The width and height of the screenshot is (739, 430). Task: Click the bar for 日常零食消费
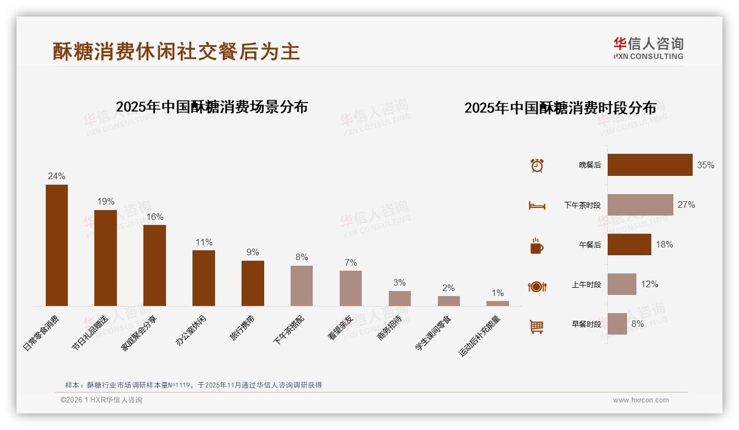tap(56, 245)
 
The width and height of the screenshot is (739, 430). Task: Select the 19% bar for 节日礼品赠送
tap(105, 258)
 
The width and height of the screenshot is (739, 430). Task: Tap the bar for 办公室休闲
tap(204, 278)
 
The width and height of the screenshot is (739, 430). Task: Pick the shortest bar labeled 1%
tap(497, 303)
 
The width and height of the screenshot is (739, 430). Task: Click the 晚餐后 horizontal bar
tap(650, 165)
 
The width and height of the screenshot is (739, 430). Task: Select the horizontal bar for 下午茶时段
tap(640, 205)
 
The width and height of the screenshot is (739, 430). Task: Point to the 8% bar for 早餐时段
tap(617, 324)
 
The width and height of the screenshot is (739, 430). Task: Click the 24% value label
tap(56, 176)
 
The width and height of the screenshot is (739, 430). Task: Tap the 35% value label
tap(705, 165)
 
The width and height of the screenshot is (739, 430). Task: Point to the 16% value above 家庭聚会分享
tap(154, 217)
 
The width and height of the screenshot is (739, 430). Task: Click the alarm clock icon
tap(537, 165)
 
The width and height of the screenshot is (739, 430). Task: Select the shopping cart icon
tap(537, 327)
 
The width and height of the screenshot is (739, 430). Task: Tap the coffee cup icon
tap(537, 246)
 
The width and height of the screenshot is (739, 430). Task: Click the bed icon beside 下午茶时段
tap(537, 206)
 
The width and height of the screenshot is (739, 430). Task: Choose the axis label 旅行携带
tap(243, 327)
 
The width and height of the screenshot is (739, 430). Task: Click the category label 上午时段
tap(586, 285)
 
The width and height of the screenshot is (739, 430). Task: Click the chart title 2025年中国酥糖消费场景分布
tap(211, 106)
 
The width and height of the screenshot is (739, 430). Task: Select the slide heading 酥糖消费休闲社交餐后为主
tap(176, 51)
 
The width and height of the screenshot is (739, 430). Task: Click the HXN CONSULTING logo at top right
tap(648, 48)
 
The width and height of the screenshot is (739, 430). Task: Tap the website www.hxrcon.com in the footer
tap(641, 400)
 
